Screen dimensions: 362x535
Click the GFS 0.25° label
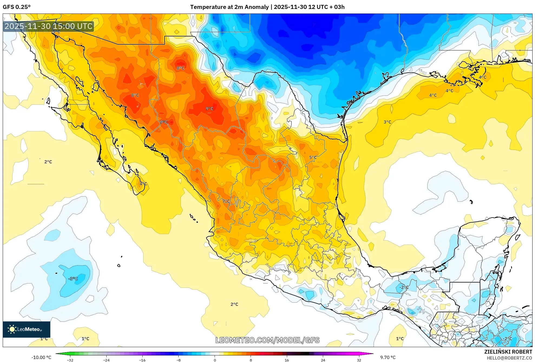tap(17, 7)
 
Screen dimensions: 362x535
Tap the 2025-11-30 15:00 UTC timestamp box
tap(48, 26)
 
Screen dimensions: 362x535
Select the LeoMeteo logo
tap(26, 329)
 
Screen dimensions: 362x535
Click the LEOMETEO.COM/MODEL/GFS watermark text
tap(267, 340)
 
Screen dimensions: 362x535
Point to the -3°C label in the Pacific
tap(73, 279)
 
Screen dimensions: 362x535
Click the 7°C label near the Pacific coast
tap(226, 201)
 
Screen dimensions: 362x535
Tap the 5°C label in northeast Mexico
tap(313, 157)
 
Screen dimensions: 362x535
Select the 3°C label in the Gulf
tap(387, 122)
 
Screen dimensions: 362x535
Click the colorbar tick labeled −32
tap(70, 360)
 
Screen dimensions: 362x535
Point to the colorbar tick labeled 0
tap(215, 360)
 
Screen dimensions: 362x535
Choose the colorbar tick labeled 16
tap(287, 360)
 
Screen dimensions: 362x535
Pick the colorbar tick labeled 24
tap(323, 360)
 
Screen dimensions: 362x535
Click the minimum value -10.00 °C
tap(41, 357)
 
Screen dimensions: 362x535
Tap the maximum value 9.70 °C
tap(388, 357)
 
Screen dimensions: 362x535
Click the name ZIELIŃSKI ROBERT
tap(508, 352)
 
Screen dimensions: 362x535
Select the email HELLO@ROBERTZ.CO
tap(509, 358)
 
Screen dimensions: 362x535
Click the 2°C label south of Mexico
tap(234, 304)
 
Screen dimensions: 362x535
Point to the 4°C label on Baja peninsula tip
tap(143, 184)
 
